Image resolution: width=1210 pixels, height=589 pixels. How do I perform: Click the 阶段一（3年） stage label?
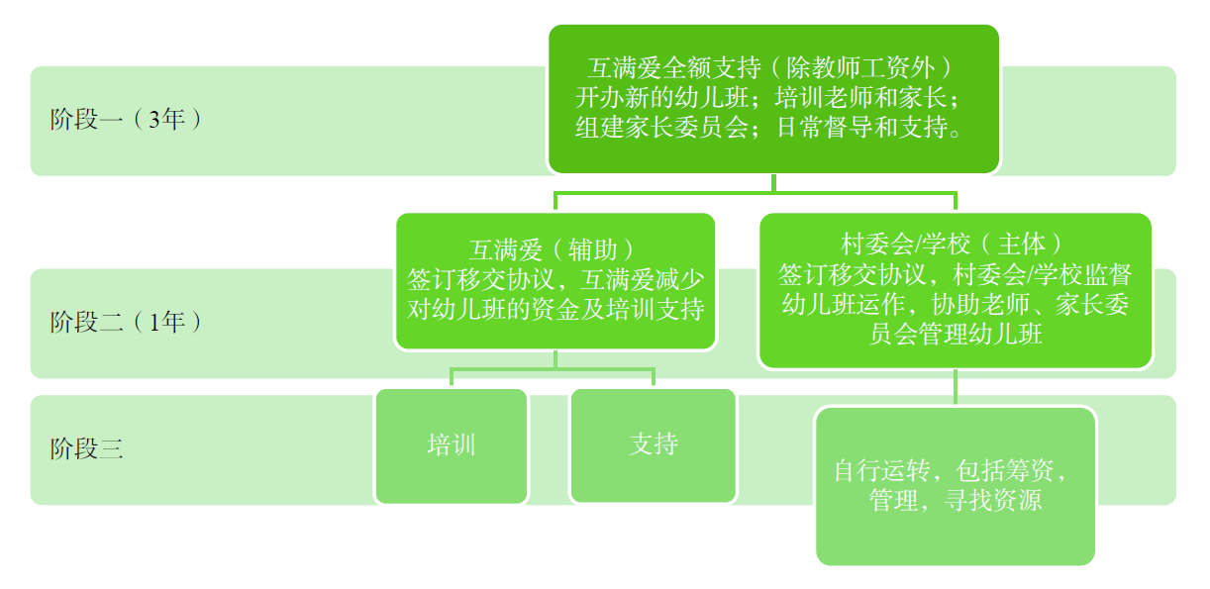(126, 121)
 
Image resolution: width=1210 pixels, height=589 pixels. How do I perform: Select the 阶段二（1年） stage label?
(126, 322)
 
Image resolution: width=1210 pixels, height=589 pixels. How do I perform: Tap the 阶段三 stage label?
(86, 448)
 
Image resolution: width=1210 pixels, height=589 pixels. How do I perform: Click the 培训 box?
(452, 444)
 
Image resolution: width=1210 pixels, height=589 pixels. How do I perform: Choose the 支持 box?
(654, 444)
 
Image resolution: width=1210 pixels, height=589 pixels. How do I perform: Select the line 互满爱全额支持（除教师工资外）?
(773, 68)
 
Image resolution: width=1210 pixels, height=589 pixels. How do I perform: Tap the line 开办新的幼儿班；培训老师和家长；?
(773, 98)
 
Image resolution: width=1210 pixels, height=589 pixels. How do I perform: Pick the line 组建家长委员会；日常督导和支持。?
(773, 128)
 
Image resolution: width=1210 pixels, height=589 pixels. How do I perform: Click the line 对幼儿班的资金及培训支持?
(555, 309)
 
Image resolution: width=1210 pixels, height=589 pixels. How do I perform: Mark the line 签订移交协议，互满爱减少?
(555, 278)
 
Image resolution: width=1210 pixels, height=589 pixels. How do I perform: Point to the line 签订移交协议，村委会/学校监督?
(955, 274)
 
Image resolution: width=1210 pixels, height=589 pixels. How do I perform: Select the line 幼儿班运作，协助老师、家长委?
(955, 304)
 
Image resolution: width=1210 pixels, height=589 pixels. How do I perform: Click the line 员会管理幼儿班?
(955, 334)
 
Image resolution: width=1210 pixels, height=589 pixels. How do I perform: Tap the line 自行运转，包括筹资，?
(955, 470)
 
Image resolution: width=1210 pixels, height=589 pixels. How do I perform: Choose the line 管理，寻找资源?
(955, 501)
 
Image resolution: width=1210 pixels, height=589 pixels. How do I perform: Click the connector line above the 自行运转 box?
(955, 387)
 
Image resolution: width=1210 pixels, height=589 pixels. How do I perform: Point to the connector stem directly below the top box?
(773, 183)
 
